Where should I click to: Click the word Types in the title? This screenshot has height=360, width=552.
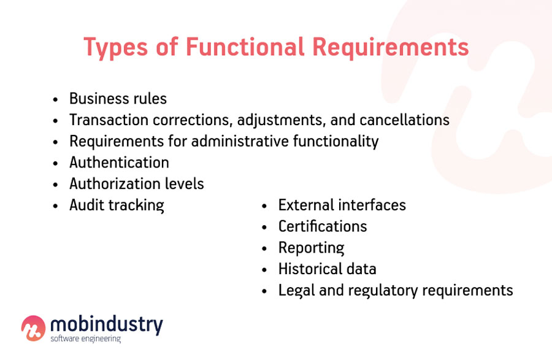114,48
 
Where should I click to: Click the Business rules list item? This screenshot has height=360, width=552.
118,99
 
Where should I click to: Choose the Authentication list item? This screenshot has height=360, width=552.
119,163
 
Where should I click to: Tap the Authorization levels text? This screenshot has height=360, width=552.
136,184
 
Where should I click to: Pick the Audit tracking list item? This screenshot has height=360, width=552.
117,205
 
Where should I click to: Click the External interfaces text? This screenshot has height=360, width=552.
342,205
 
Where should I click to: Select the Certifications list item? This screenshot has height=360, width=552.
322,226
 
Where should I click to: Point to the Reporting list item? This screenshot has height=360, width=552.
311,248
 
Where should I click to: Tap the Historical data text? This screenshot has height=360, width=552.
327,269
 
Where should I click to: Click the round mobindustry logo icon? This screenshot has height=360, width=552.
33,327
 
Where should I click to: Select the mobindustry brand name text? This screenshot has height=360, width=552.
106,324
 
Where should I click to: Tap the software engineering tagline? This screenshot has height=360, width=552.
85,339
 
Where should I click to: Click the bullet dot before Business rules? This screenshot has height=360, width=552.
56,99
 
